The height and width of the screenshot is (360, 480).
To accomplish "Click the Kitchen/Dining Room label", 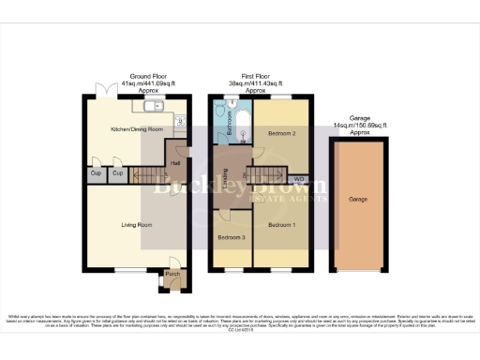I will pos(137,128).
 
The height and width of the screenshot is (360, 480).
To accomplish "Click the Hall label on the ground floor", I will pos(175,160).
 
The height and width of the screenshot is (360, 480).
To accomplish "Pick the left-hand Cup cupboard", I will pos(96,174).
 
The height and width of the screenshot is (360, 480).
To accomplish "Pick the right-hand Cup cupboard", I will pos(118,174).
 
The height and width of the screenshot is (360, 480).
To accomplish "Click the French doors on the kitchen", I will pos(99,97).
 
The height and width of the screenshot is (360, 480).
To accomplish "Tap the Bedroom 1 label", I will pos(279,225).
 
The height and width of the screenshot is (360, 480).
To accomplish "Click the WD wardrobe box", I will pos(299,178).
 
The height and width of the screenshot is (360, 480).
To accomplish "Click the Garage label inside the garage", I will pos(357,200).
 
